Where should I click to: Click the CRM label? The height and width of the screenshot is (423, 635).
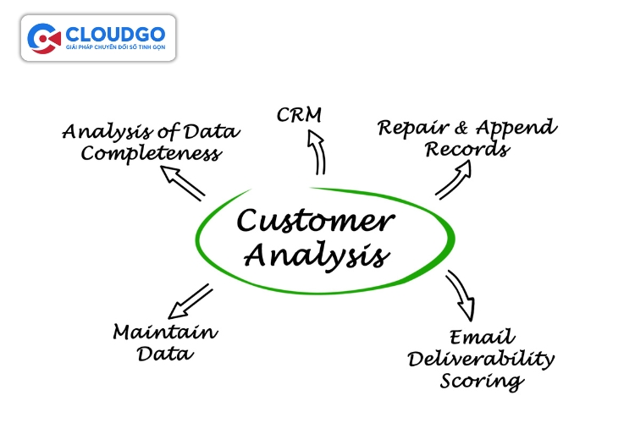(299, 114)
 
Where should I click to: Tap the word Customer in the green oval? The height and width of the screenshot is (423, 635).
(315, 221)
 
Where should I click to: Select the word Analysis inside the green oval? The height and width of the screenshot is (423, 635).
(317, 255)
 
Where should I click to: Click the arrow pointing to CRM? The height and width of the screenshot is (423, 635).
(317, 151)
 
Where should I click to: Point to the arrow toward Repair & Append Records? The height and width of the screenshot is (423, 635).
(454, 179)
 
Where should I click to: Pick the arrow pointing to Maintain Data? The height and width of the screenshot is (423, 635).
(190, 301)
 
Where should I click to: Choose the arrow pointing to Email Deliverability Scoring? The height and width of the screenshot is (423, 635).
(461, 295)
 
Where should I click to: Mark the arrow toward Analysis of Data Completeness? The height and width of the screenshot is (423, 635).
(183, 183)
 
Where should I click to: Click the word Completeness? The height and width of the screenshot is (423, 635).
(152, 153)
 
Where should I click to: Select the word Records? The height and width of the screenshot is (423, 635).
(467, 149)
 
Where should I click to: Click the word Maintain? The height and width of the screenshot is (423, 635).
(166, 332)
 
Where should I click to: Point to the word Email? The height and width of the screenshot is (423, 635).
(482, 338)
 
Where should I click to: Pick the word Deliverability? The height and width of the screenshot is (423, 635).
(481, 360)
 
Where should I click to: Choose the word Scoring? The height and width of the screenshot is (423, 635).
(482, 382)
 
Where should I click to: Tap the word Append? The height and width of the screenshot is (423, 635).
(516, 128)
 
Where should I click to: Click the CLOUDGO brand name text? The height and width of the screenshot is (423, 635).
(115, 34)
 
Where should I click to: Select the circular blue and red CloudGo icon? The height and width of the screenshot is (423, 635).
(44, 38)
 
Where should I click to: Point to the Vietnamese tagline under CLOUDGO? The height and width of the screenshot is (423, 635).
(116, 47)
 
